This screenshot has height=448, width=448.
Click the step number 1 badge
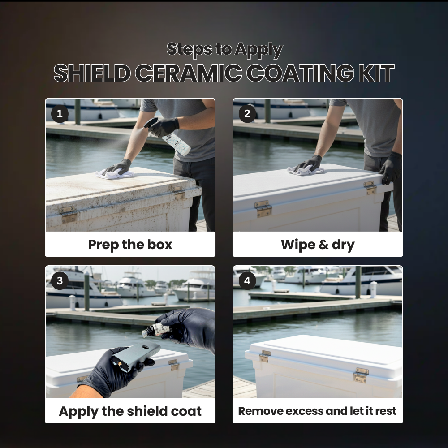(60, 113)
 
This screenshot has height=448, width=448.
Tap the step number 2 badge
(247, 113)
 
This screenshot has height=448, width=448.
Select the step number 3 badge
(60, 281)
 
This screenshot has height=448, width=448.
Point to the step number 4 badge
(247, 281)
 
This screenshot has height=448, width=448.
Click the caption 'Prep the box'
(130, 245)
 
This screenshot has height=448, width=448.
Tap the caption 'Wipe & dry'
(318, 245)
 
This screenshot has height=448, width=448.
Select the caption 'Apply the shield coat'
(130, 411)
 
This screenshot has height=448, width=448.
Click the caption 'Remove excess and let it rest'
(318, 411)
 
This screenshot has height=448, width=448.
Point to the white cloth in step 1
(114, 174)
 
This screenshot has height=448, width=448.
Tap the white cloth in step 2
(305, 170)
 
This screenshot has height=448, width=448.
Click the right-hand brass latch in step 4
(361, 375)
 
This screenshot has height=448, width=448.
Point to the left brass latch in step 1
(68, 214)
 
